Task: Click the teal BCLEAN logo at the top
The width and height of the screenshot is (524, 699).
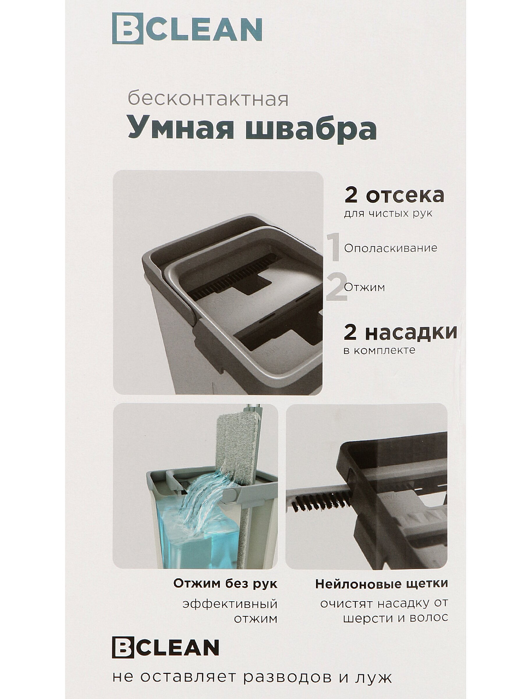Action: pos(187,28)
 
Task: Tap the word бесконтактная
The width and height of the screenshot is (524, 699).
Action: pos(208,99)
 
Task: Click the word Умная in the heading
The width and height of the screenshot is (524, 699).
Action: pos(181,129)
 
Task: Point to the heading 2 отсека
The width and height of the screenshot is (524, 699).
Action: pos(394,194)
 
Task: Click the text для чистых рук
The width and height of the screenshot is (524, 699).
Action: pos(388,214)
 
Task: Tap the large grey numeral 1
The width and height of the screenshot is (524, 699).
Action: pos(334,247)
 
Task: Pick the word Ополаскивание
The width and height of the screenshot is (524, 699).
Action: pos(391,248)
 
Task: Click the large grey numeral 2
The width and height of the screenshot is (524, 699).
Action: pos(336,286)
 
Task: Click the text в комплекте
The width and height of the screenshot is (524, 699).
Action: pos(379,351)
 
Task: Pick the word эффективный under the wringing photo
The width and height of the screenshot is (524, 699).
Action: pos(230,603)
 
